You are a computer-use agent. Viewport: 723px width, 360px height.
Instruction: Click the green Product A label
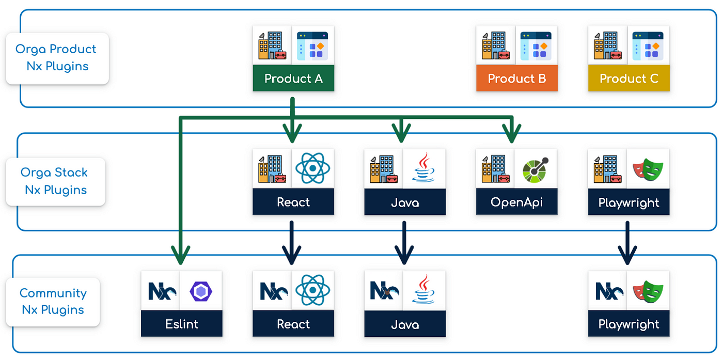coord(293,79)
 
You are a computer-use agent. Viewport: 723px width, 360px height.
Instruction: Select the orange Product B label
coord(517,79)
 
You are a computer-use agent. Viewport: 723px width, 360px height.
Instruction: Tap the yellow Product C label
coord(628,79)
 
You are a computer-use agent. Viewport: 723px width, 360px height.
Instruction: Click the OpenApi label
coord(516,202)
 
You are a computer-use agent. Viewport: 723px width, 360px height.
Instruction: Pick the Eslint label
coord(181,324)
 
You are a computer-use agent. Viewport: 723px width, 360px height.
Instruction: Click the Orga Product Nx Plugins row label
coord(56,58)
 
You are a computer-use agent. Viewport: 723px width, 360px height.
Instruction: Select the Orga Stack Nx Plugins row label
coord(55,181)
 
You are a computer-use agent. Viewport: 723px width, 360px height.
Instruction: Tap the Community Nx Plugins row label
coord(53,301)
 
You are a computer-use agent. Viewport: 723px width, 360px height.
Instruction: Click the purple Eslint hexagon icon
coord(201,291)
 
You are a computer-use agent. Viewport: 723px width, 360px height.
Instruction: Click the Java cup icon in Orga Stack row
coord(424,168)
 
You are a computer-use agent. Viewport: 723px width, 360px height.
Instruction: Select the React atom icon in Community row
coord(312,290)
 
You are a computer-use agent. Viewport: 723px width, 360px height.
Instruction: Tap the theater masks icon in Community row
coord(648,291)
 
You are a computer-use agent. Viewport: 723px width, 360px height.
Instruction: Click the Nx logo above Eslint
coord(161,291)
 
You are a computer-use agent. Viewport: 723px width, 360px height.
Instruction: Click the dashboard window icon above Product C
coord(648,45)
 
